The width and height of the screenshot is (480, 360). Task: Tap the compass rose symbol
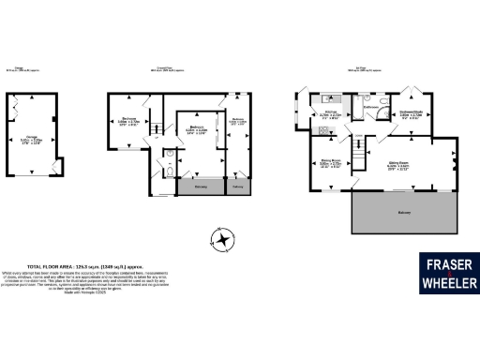222,241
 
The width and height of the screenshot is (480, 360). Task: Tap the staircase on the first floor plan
357,150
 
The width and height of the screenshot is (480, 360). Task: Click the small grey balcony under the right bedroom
240,187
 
